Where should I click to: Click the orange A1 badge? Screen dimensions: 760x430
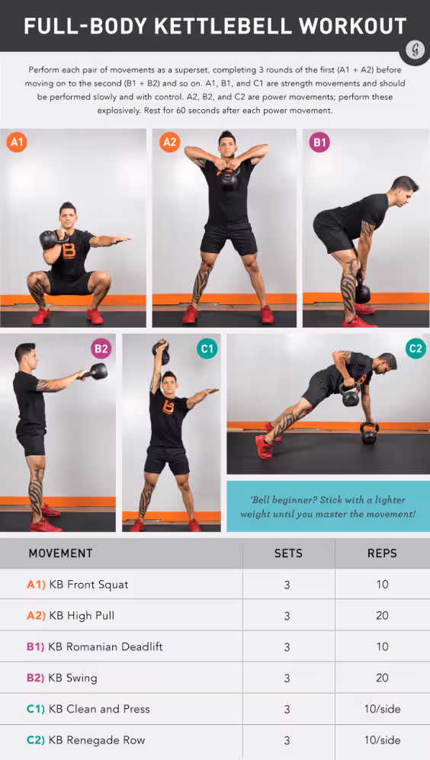click(17, 142)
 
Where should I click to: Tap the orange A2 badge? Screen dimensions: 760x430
click(170, 142)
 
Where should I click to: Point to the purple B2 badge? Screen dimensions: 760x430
click(100, 349)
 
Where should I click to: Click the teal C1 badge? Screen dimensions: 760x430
click(207, 349)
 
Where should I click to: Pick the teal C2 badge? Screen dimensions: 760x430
click(415, 349)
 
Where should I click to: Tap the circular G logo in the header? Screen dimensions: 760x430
click(415, 50)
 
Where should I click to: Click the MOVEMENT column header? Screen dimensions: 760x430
click(60, 553)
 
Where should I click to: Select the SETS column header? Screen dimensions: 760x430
click(288, 553)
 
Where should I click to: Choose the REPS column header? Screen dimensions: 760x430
click(382, 553)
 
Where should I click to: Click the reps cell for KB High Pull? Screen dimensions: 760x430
click(382, 616)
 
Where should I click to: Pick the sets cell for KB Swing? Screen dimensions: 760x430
click(287, 678)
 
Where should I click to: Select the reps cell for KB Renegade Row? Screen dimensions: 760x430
click(382, 740)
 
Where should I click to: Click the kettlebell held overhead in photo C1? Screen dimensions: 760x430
click(161, 353)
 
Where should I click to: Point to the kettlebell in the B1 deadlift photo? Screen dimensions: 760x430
click(362, 293)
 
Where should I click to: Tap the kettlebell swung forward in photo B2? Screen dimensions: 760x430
click(98, 371)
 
